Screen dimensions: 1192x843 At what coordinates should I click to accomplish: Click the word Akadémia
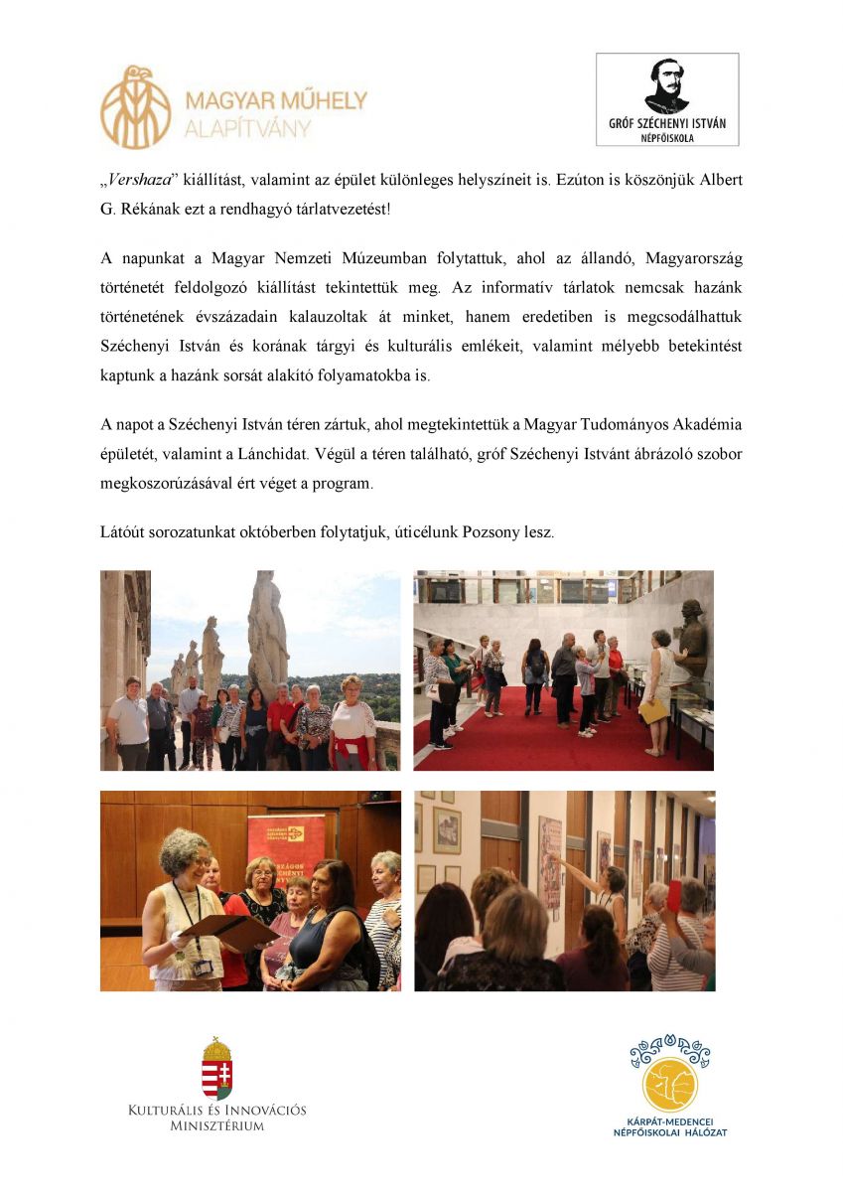pyautogui.click(x=706, y=425)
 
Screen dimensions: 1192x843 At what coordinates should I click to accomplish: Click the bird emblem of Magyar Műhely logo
pyautogui.click(x=135, y=107)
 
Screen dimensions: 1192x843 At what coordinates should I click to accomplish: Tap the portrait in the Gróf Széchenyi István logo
pyautogui.click(x=666, y=85)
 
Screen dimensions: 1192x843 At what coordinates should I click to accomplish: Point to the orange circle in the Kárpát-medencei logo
pyautogui.click(x=670, y=1086)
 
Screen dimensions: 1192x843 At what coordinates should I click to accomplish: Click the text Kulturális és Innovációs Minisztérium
pyautogui.click(x=216, y=1117)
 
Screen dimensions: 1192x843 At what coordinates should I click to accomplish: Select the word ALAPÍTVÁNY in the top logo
pyautogui.click(x=247, y=128)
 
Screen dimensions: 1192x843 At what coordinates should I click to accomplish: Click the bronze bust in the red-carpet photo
pyautogui.click(x=691, y=632)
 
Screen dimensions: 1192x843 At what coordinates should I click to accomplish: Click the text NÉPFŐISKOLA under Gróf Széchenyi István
pyautogui.click(x=666, y=138)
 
